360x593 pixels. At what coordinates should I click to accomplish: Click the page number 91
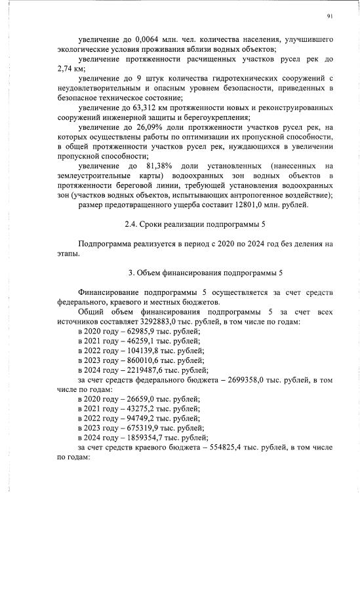(330, 16)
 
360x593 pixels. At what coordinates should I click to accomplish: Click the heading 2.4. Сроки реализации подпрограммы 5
(195, 225)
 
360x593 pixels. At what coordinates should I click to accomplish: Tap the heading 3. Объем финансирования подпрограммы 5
(196, 272)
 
